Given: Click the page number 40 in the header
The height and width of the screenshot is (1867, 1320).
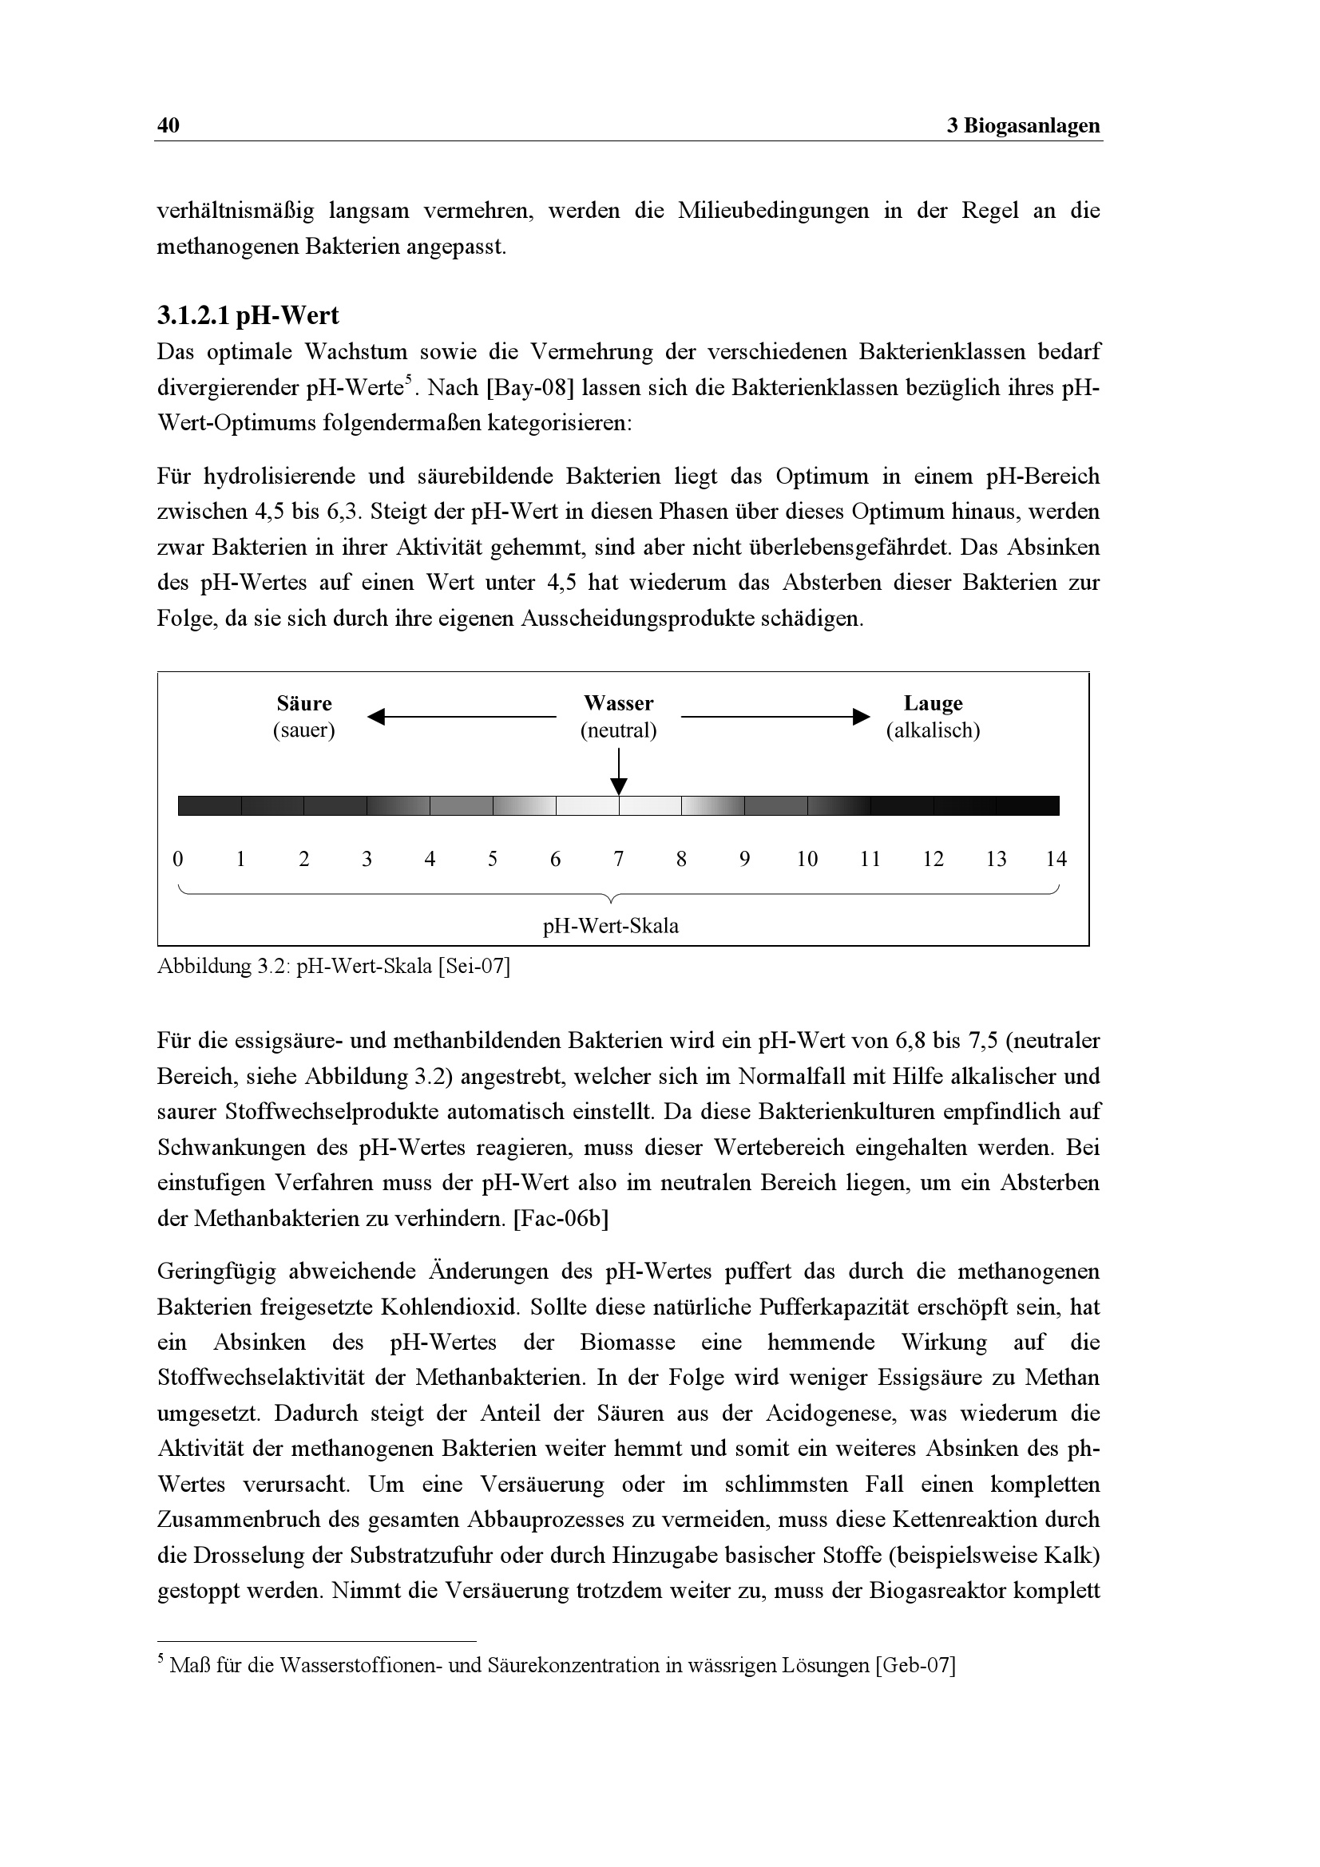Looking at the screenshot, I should click(168, 125).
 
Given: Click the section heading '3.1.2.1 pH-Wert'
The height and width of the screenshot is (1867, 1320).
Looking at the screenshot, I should click(248, 314).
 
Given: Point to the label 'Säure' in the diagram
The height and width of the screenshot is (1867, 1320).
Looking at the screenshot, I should click(304, 703).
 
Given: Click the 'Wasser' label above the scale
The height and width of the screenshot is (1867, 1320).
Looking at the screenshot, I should click(618, 703).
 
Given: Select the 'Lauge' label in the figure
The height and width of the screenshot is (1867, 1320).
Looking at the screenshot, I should click(933, 703).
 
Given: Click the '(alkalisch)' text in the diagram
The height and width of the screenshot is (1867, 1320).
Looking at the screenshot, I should click(933, 730).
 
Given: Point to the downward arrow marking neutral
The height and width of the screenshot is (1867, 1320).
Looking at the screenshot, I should click(619, 785).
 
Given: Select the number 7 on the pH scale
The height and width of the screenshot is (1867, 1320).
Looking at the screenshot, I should click(619, 859).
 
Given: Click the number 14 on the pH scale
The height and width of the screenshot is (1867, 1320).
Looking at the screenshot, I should click(1056, 859).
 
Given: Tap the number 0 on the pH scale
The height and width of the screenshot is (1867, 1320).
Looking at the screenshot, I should click(178, 859).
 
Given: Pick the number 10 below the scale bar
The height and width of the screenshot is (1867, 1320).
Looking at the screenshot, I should click(807, 859).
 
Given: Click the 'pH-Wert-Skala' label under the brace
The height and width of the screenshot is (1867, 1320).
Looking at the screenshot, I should click(611, 926).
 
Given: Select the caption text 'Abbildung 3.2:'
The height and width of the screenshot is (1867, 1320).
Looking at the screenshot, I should click(224, 967).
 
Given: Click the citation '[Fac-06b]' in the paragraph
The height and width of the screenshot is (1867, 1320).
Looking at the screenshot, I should click(561, 1219).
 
